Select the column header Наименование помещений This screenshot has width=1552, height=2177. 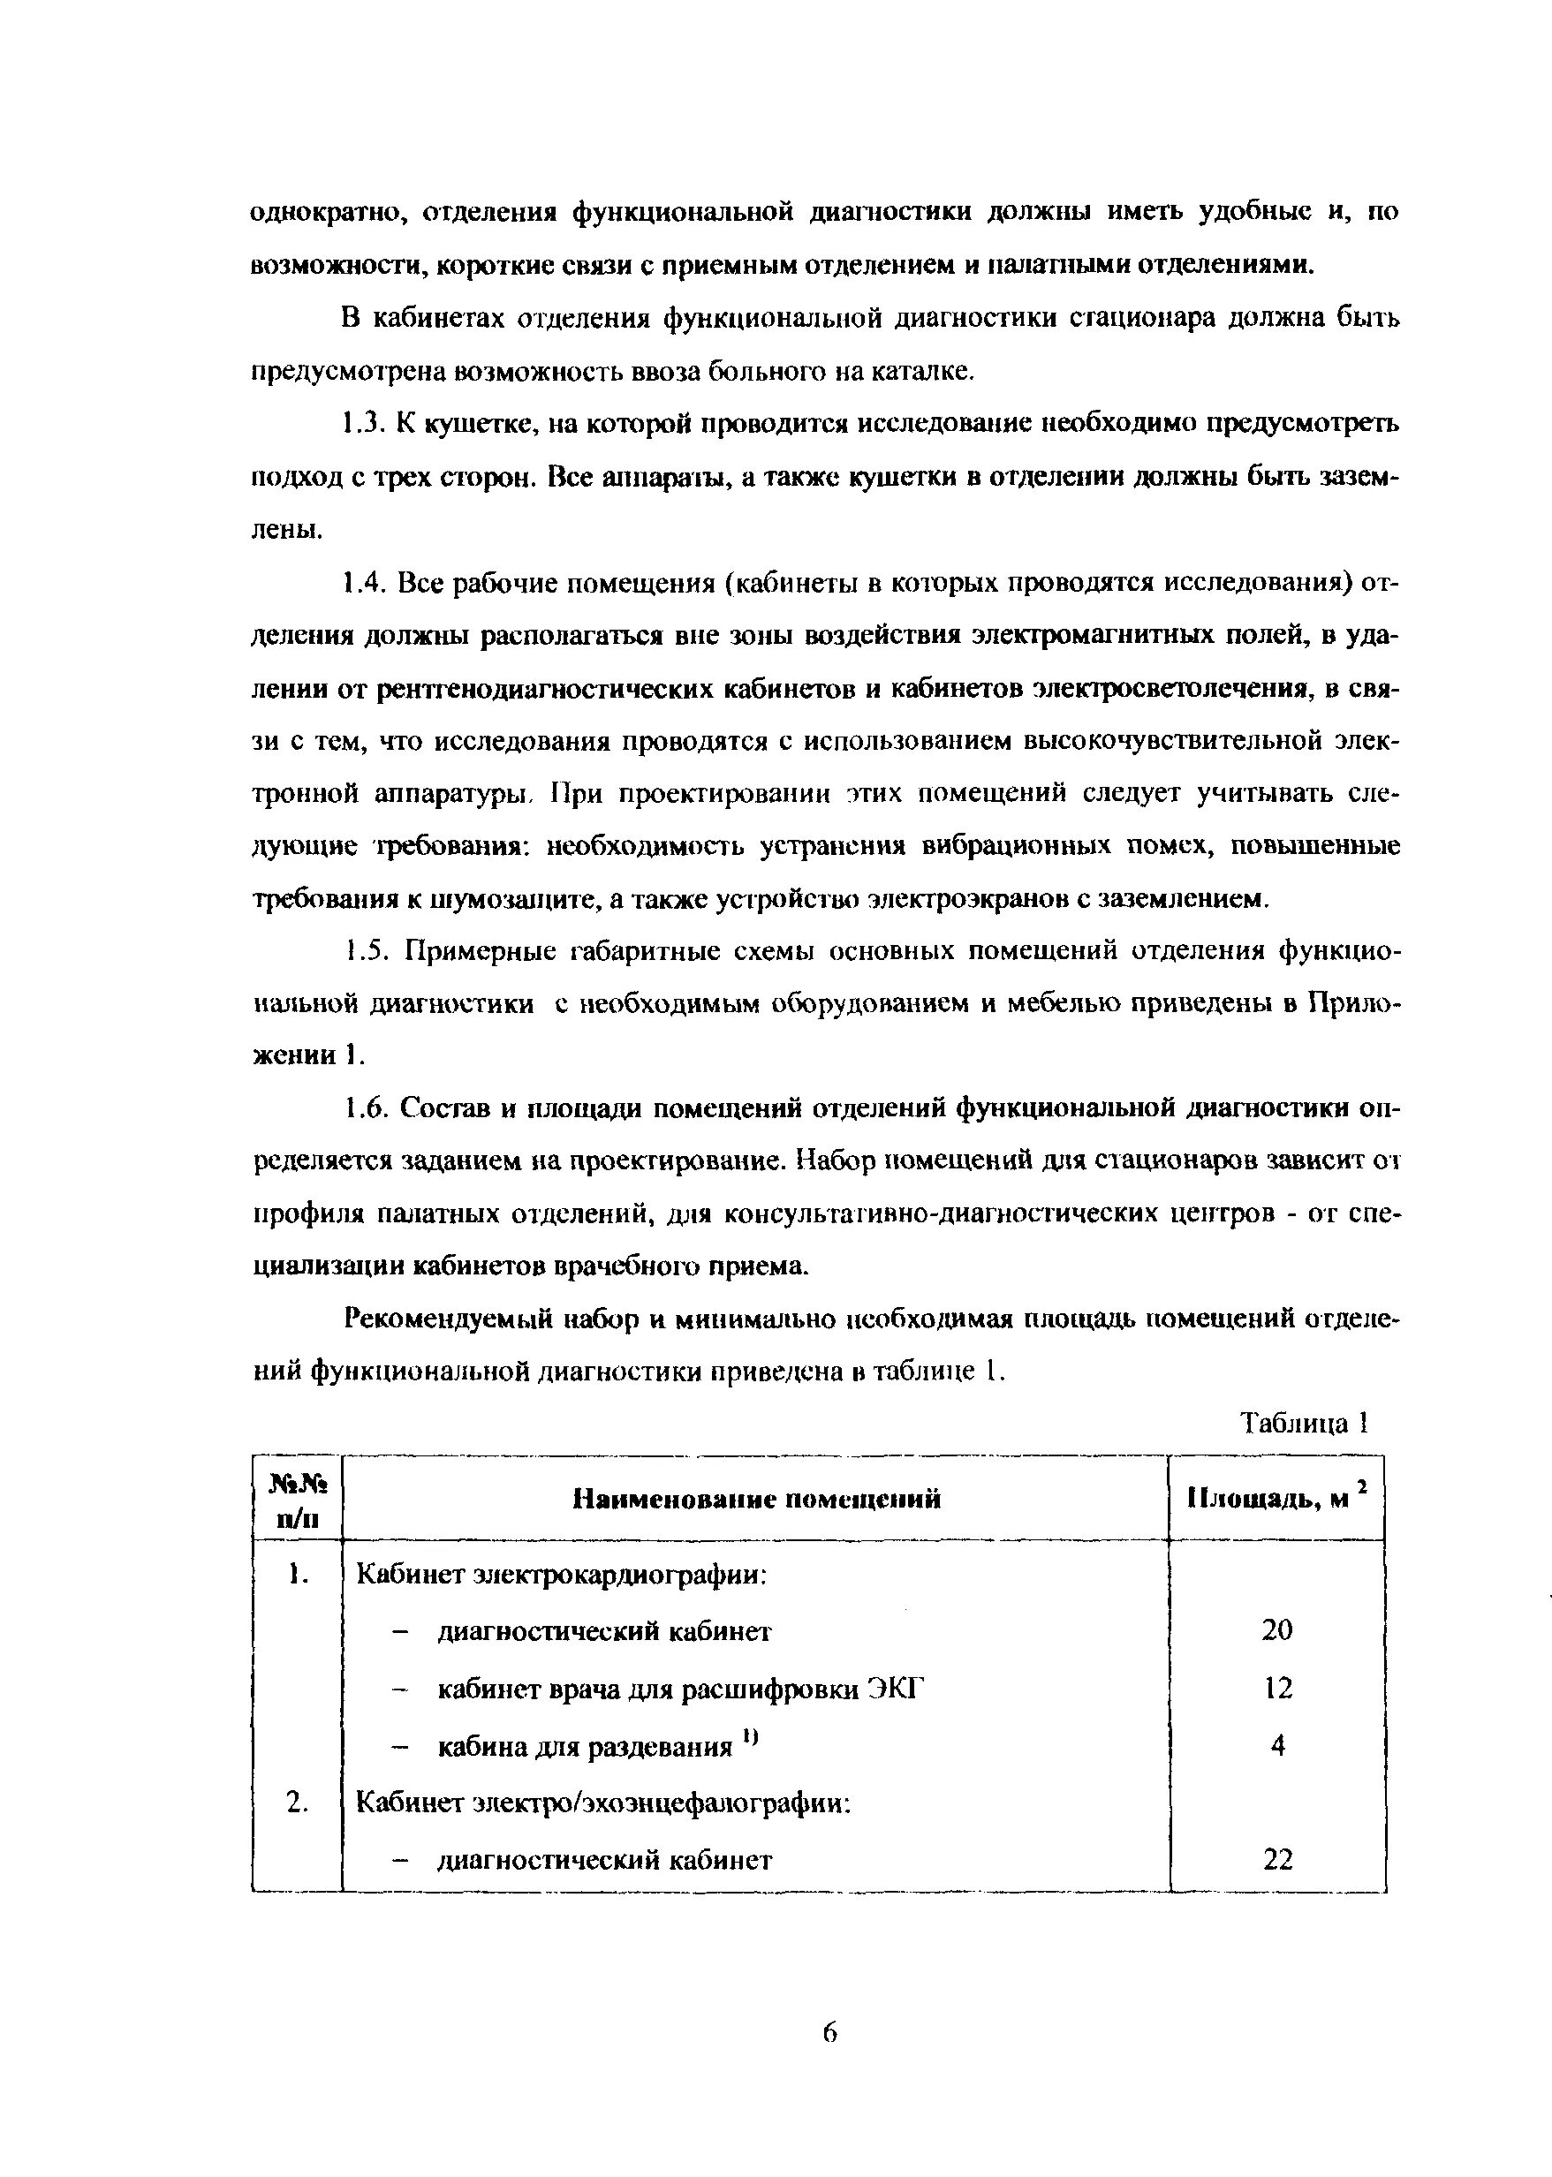(x=756, y=1499)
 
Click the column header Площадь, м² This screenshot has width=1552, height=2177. (x=1276, y=1499)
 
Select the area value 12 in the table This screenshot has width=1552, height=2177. (x=1276, y=1689)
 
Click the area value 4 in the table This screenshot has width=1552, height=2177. (x=1276, y=1746)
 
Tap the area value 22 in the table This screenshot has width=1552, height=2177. (x=1276, y=1860)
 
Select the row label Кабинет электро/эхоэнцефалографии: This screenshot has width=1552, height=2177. (x=603, y=1803)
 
